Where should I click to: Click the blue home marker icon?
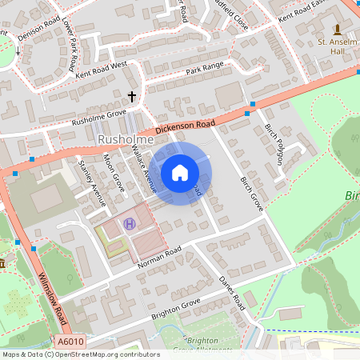point(180,172)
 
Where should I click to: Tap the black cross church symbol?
point(133,97)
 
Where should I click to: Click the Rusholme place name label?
point(120,140)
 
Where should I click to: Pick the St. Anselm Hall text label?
point(335,47)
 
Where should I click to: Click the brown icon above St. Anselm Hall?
point(336,30)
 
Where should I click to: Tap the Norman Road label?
point(160,256)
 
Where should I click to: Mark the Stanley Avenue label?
point(92,183)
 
